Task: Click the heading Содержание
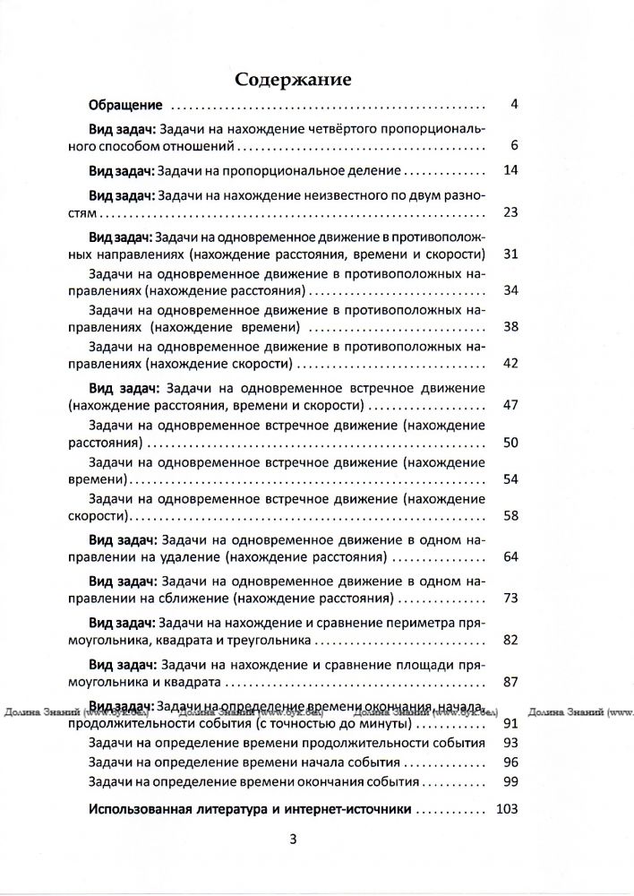click(293, 80)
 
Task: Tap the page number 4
click(514, 104)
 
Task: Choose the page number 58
click(511, 515)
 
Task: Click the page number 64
click(511, 556)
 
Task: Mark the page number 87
click(511, 682)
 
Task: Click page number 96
click(511, 762)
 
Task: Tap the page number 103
click(508, 809)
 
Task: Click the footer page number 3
click(292, 840)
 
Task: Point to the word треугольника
click(270, 641)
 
